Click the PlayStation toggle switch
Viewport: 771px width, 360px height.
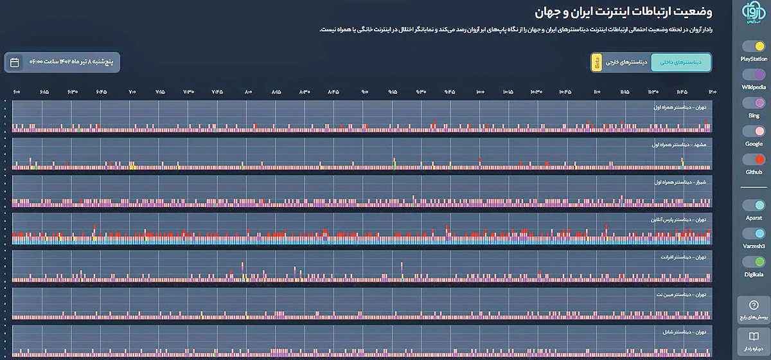pyautogui.click(x=754, y=47)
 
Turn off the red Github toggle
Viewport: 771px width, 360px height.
pyautogui.click(x=754, y=159)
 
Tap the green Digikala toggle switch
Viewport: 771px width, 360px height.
pyautogui.click(x=754, y=262)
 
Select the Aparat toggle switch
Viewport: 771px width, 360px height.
pyautogui.click(x=754, y=206)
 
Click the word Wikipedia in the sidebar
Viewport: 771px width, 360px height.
pyautogui.click(x=753, y=87)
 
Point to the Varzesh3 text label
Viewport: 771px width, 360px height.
pyautogui.click(x=753, y=246)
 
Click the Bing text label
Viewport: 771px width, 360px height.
pyautogui.click(x=754, y=116)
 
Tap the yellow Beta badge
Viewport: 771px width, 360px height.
pyautogui.click(x=596, y=62)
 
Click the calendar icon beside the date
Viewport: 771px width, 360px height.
pyautogui.click(x=15, y=62)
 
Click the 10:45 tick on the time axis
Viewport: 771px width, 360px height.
pyautogui.click(x=566, y=93)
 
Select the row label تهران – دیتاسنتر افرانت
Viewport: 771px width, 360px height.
pyautogui.click(x=684, y=257)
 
